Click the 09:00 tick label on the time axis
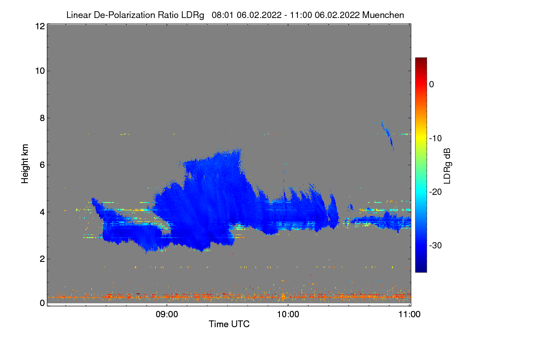[x=167, y=315]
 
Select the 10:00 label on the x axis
[x=288, y=315]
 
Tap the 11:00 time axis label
[x=409, y=315]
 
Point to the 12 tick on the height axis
[x=39, y=26]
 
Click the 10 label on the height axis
[x=39, y=71]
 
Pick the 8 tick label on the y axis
[x=41, y=118]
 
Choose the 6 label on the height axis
[x=41, y=165]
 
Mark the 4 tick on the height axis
[x=41, y=211]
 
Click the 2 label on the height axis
[x=41, y=259]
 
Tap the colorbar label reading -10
[x=436, y=138]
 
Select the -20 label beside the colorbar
[x=436, y=192]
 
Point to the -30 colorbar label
[x=436, y=246]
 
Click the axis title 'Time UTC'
[x=229, y=324]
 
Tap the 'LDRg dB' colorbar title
[x=447, y=165]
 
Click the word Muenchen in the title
[x=383, y=15]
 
